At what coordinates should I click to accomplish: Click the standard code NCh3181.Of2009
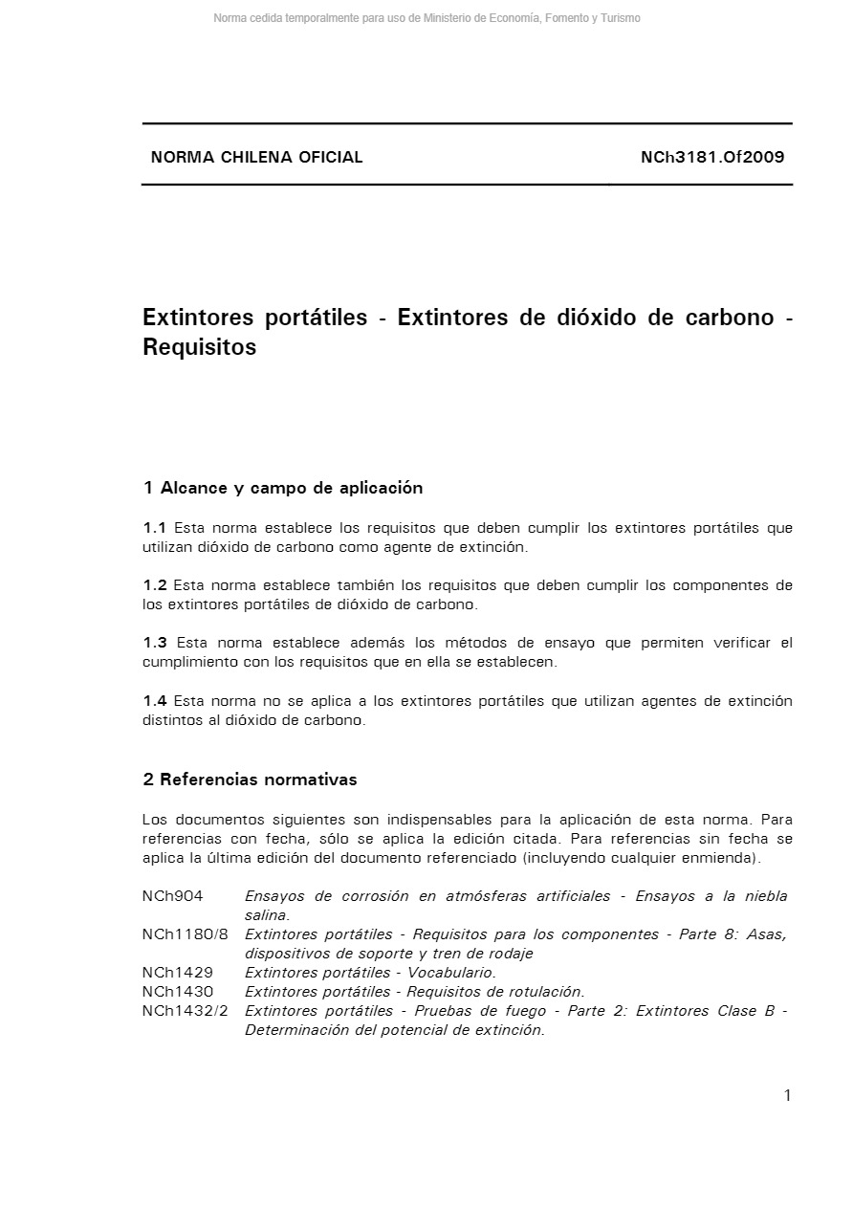[712, 158]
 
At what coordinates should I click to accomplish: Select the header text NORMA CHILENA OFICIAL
[256, 158]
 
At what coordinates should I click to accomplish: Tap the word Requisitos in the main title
[200, 347]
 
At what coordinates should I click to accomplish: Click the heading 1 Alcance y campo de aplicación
[283, 488]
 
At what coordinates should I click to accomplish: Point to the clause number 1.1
[155, 528]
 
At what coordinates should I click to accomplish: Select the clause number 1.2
[155, 585]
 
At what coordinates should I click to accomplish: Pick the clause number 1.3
[155, 643]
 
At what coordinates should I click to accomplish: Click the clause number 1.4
[155, 701]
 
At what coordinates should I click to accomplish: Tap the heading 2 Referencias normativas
[250, 780]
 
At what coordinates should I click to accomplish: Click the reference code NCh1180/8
[186, 934]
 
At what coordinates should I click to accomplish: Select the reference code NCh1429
[178, 973]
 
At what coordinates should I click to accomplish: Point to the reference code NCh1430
[178, 992]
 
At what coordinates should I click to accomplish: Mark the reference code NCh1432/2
[186, 1011]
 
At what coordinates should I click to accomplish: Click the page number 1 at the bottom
[787, 1096]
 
